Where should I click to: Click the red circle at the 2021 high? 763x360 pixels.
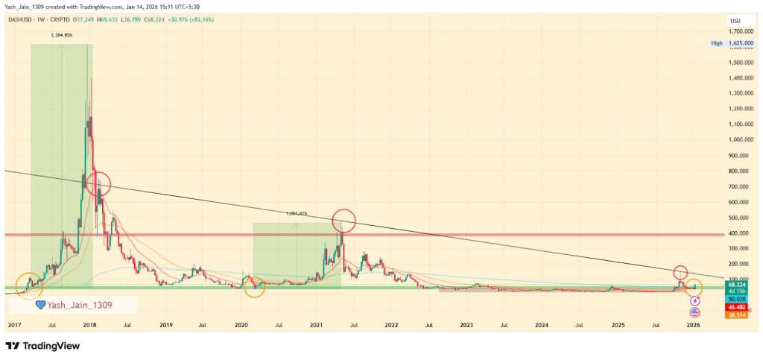(343, 220)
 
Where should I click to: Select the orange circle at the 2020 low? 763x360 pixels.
(254, 286)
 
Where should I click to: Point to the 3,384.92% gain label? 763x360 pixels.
(61, 35)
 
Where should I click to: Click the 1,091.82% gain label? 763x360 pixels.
(297, 213)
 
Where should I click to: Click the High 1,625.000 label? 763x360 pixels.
(735, 44)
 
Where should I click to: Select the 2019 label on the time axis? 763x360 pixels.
(165, 326)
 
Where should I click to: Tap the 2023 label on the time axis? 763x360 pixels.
(466, 326)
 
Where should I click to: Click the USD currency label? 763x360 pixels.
(735, 20)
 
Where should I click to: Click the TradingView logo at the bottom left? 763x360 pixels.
(42, 346)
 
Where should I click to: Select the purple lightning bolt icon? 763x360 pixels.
(695, 300)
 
